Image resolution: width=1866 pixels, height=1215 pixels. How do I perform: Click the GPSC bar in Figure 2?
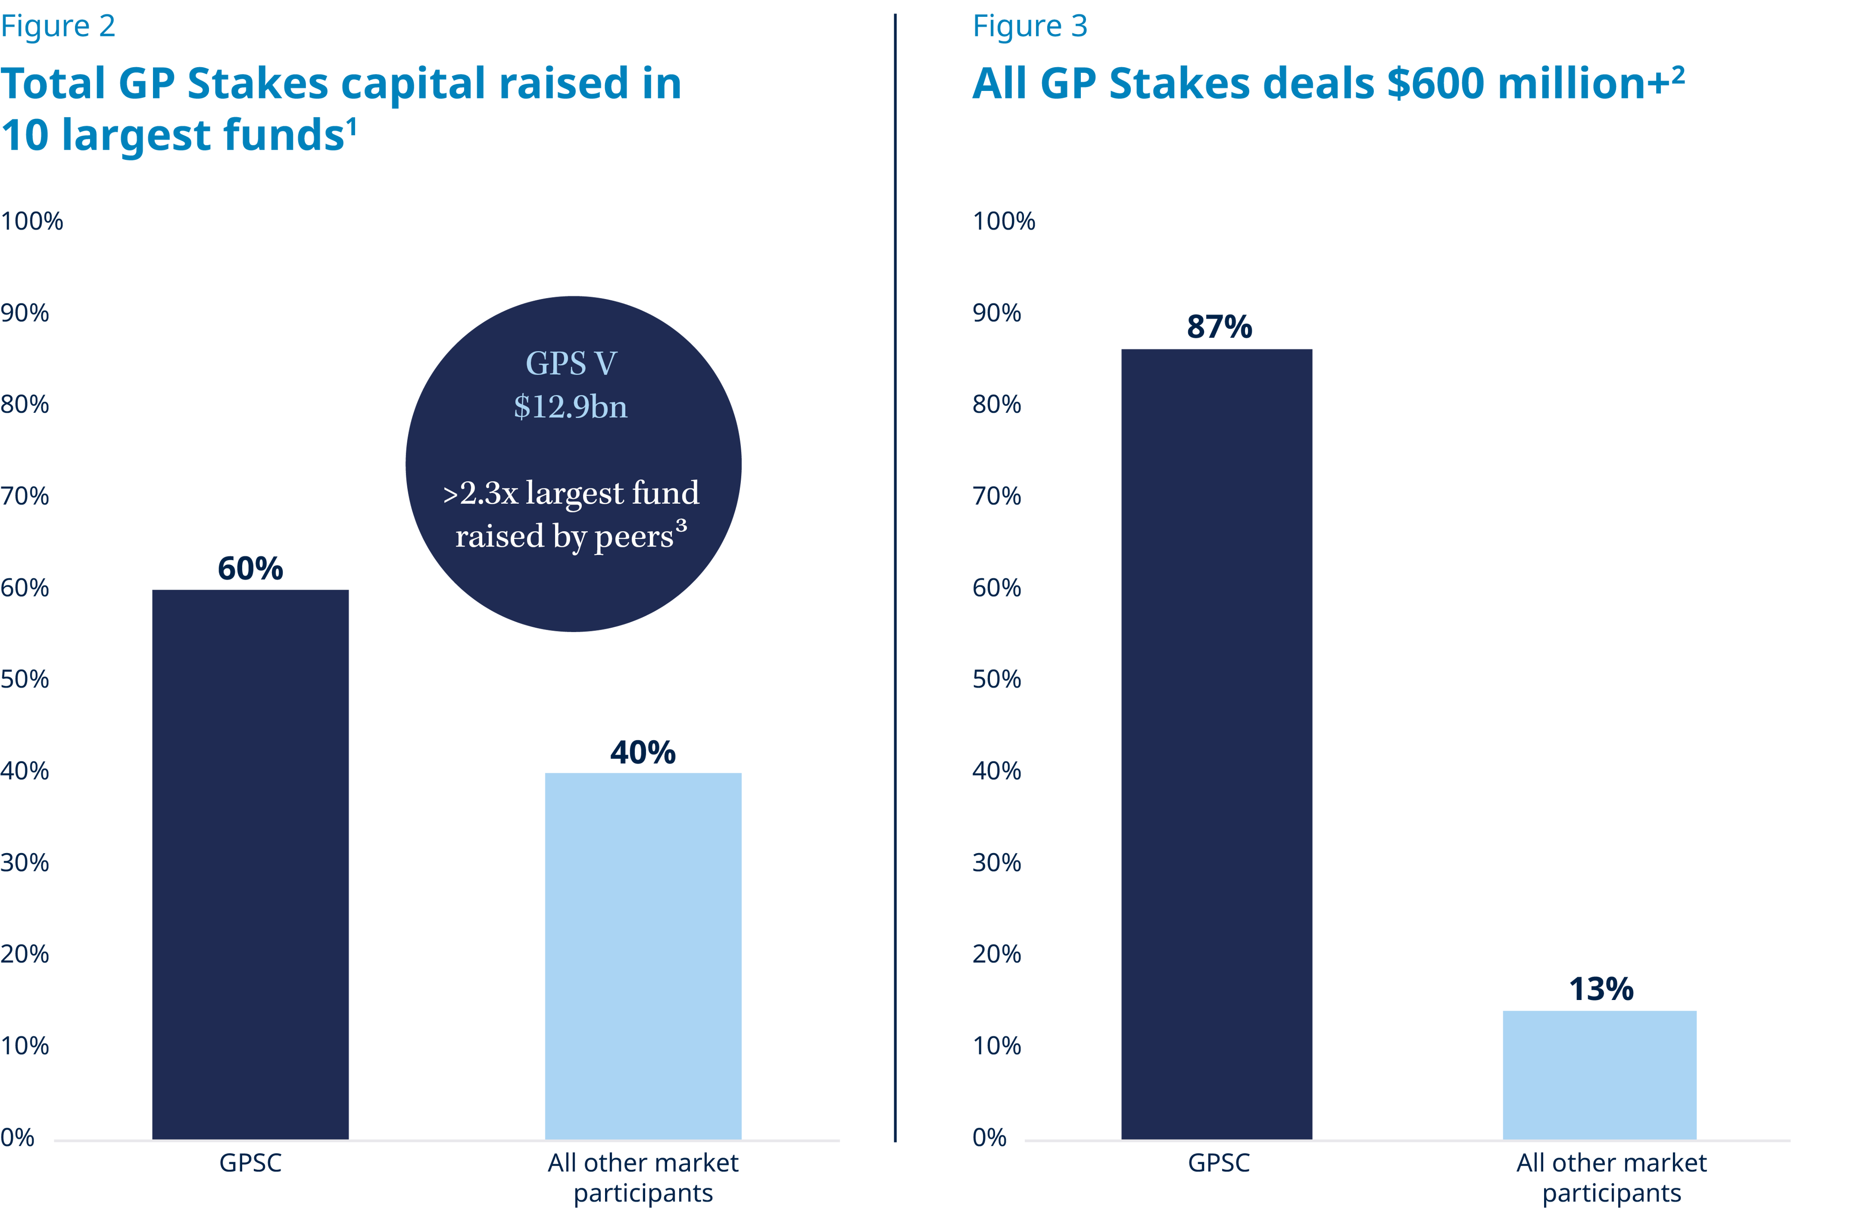pyautogui.click(x=250, y=862)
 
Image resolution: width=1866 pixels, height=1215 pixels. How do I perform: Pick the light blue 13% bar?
pyautogui.click(x=1600, y=1074)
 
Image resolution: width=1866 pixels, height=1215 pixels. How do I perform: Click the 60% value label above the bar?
pyautogui.click(x=250, y=568)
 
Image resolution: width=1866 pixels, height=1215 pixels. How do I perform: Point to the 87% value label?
pyautogui.click(x=1219, y=327)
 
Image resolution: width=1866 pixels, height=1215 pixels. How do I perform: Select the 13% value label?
pyautogui.click(x=1601, y=989)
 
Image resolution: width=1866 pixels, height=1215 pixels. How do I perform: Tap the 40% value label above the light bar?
pyautogui.click(x=643, y=752)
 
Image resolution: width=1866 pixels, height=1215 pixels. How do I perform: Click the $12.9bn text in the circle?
pyautogui.click(x=571, y=407)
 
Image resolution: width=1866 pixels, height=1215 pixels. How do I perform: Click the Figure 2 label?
pyautogui.click(x=58, y=26)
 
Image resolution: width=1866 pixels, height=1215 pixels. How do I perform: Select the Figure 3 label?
pyautogui.click(x=1030, y=26)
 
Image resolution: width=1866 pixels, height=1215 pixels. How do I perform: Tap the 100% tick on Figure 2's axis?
pyautogui.click(x=31, y=221)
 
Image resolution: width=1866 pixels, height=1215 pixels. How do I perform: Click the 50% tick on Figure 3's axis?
pyautogui.click(x=996, y=679)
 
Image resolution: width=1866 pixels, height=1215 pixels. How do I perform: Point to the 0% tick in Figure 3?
pyautogui.click(x=989, y=1138)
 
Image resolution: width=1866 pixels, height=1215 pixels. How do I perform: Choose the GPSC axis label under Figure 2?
pyautogui.click(x=250, y=1162)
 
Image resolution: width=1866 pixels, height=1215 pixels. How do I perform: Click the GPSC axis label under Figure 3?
pyautogui.click(x=1218, y=1162)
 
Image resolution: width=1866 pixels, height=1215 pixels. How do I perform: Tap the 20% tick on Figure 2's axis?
pyautogui.click(x=24, y=954)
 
